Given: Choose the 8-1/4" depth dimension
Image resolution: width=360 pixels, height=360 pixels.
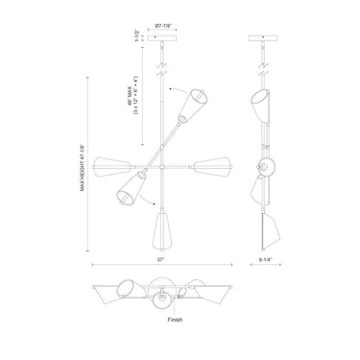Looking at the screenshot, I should pyautogui.click(x=266, y=259).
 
